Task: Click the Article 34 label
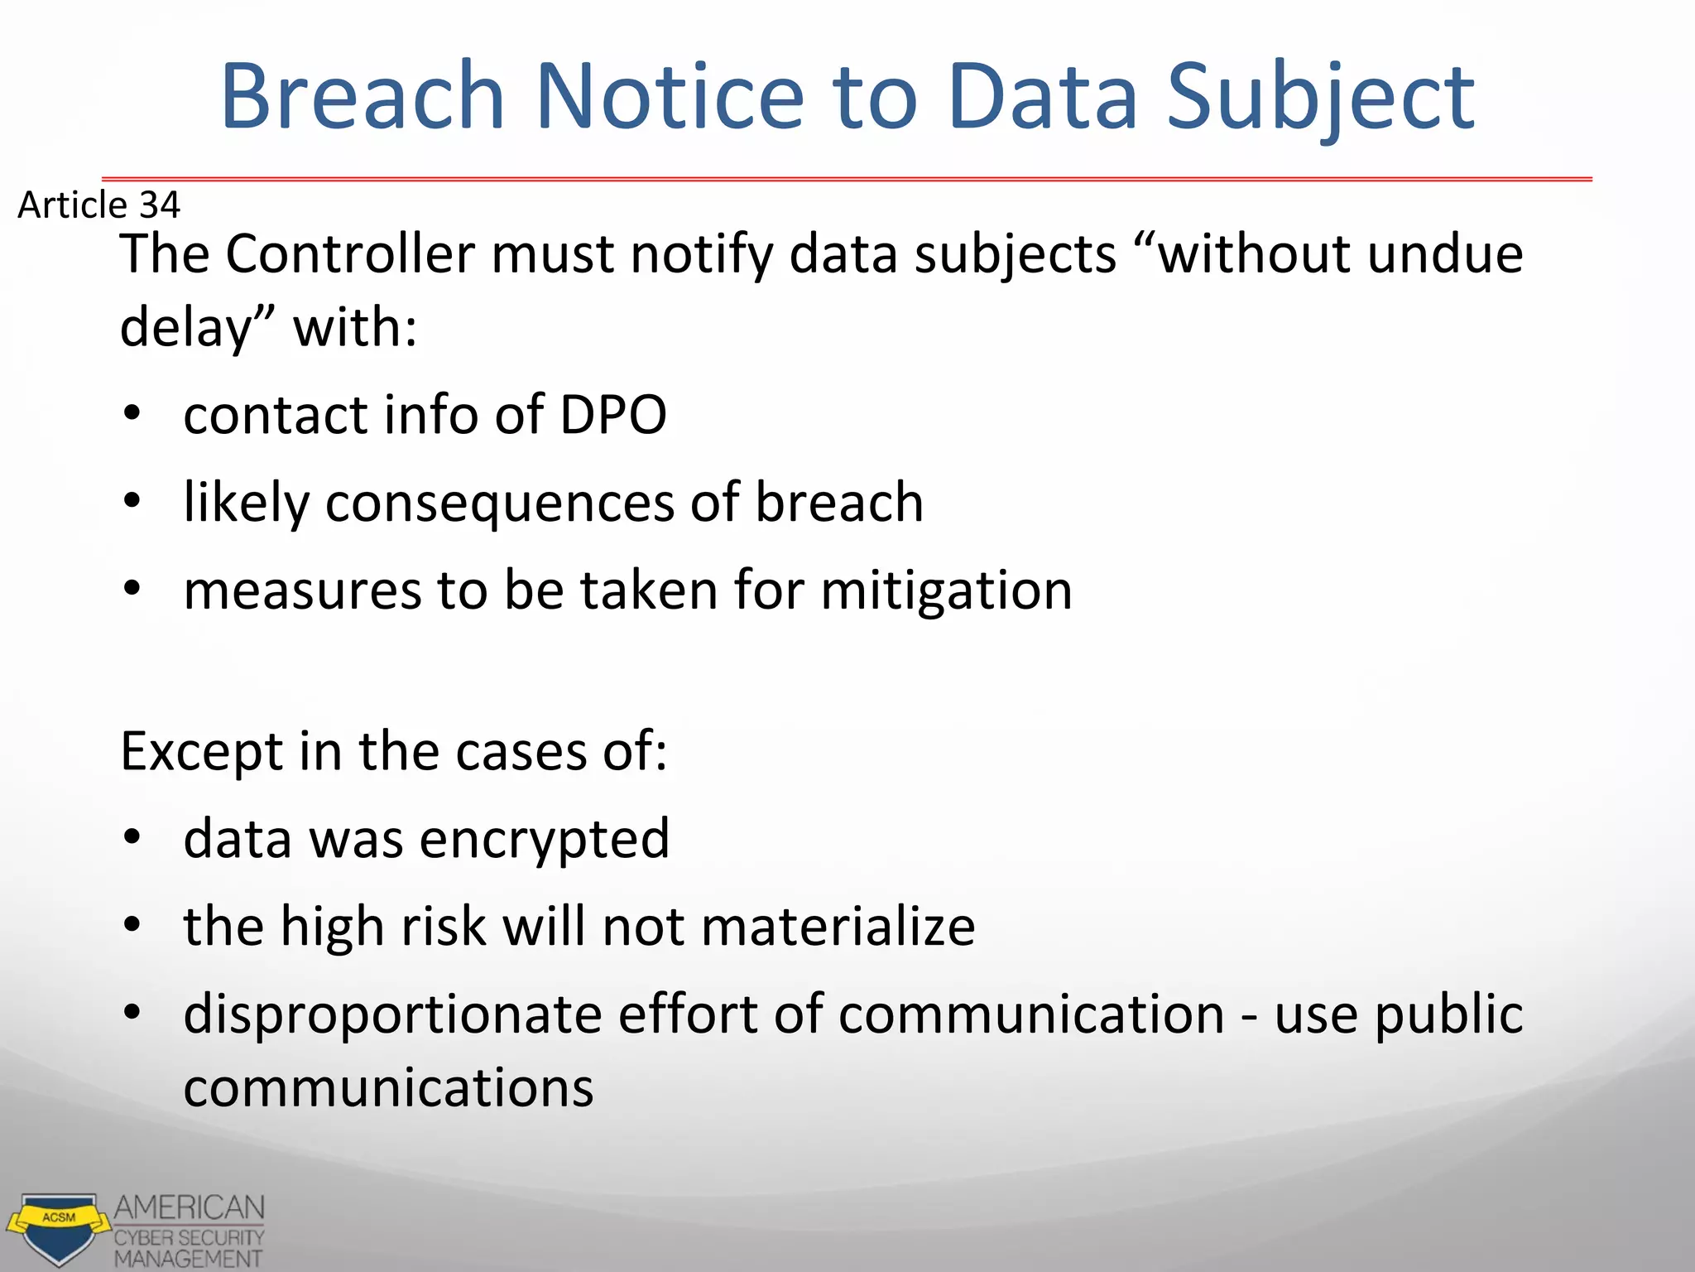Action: click(x=98, y=205)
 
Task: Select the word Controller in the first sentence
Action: click(x=349, y=253)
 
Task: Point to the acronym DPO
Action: click(x=613, y=414)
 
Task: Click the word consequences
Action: click(x=500, y=503)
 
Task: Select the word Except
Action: click(x=203, y=752)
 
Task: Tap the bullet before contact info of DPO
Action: click(x=132, y=413)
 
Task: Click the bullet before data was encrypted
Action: click(x=132, y=838)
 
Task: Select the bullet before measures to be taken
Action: click(x=132, y=589)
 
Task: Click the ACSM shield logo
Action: click(x=58, y=1228)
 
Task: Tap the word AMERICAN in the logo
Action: click(x=190, y=1207)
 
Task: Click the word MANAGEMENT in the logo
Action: click(x=188, y=1259)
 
